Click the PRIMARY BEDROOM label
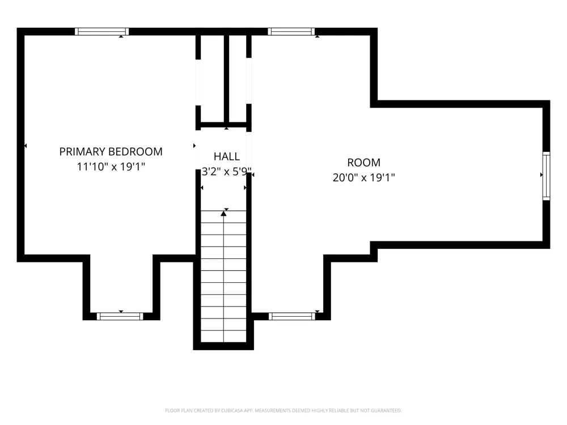111,151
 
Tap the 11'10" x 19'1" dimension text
111,167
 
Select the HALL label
226,156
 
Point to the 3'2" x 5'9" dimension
226,171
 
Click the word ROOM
363,163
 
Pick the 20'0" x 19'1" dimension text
363,177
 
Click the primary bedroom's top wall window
101,31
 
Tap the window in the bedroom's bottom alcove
120,317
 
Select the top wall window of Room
291,31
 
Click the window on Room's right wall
547,176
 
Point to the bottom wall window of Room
292,317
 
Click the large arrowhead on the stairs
223,214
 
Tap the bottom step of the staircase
223,336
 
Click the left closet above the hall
212,78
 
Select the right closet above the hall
238,78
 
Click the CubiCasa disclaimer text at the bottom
283,410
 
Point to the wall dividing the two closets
227,78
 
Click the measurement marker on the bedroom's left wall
26,146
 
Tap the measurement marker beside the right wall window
541,175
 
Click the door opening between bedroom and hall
198,150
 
